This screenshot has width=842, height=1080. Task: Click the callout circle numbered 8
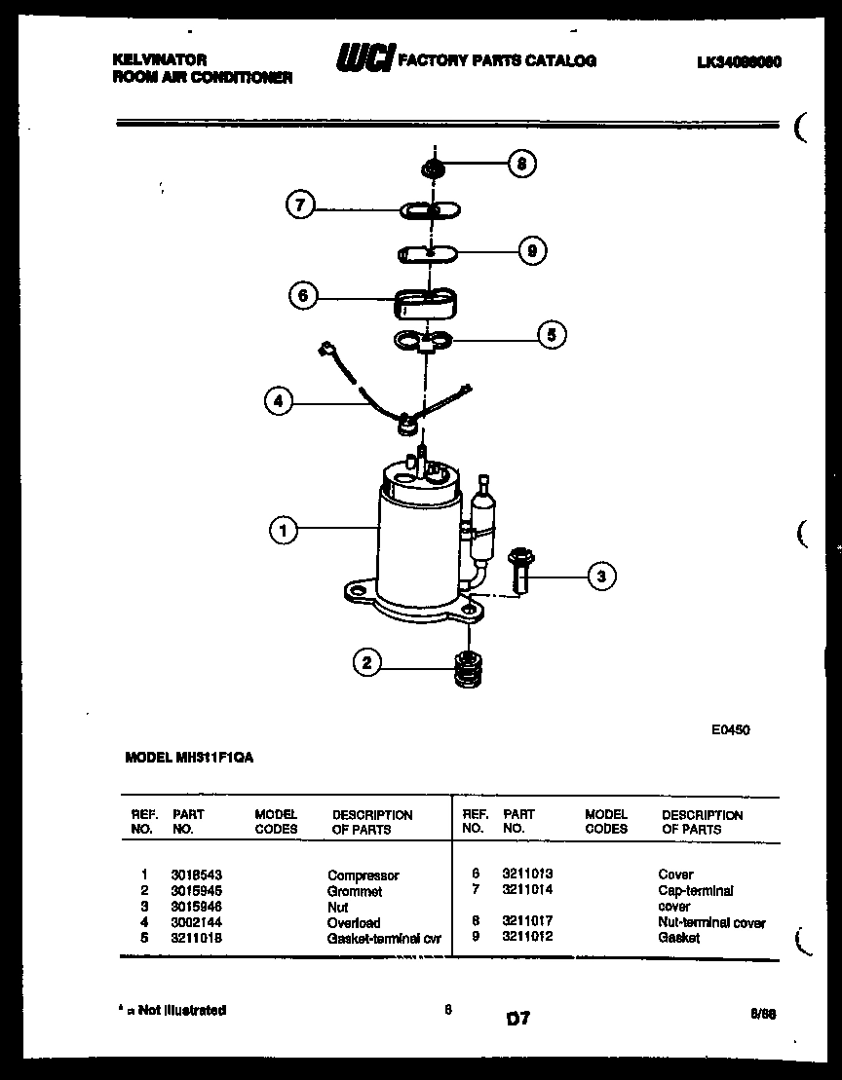(x=521, y=164)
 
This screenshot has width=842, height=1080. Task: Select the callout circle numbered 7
(x=300, y=205)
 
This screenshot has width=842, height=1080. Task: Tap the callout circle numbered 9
(x=531, y=251)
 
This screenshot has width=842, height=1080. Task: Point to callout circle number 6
(x=304, y=295)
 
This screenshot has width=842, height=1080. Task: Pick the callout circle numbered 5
(x=551, y=336)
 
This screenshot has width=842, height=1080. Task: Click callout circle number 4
(x=278, y=399)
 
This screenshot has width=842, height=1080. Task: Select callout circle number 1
(x=284, y=530)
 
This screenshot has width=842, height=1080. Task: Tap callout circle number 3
(x=601, y=577)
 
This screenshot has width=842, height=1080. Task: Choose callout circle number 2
(x=366, y=664)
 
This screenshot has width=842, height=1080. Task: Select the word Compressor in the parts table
(x=363, y=875)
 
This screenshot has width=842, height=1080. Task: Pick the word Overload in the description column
(x=354, y=922)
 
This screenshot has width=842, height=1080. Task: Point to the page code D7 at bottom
(x=517, y=1019)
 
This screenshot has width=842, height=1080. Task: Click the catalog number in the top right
(x=740, y=61)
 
